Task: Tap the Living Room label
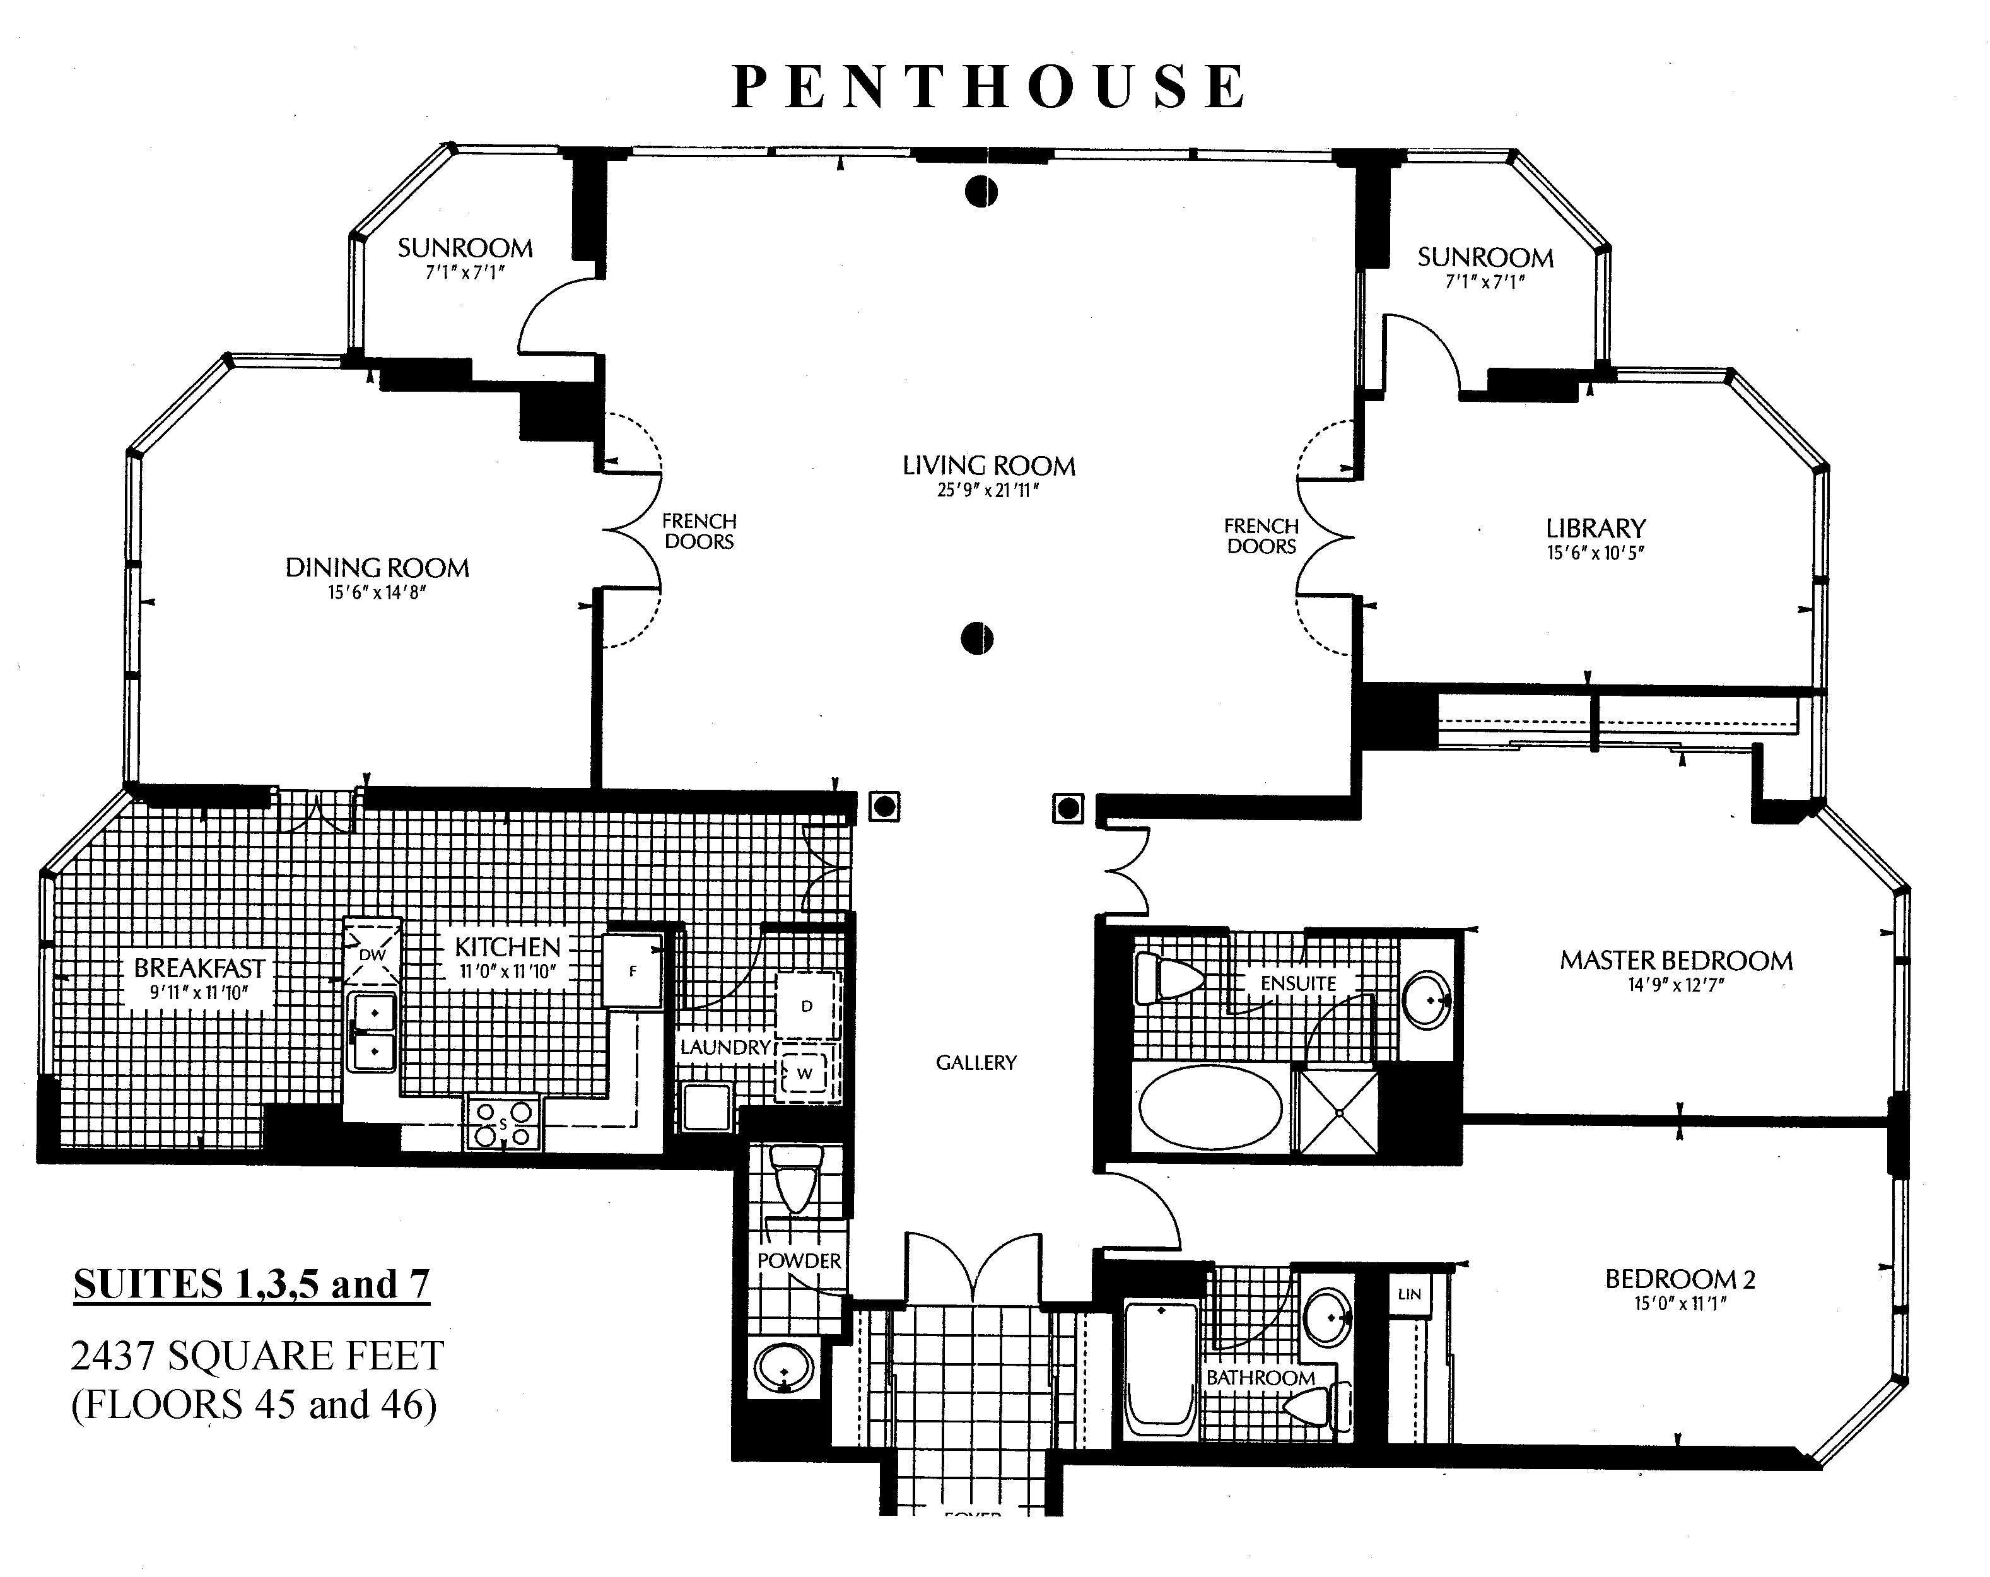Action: (x=988, y=466)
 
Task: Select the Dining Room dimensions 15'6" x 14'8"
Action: (x=377, y=592)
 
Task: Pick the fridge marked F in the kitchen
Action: (x=632, y=970)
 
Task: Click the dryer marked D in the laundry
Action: (x=807, y=1005)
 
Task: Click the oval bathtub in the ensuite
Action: (x=1210, y=1107)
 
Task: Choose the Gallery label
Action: (x=976, y=1063)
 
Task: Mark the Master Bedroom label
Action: (x=1676, y=960)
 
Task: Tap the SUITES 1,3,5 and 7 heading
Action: (x=252, y=1284)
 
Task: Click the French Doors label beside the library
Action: (x=1261, y=536)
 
